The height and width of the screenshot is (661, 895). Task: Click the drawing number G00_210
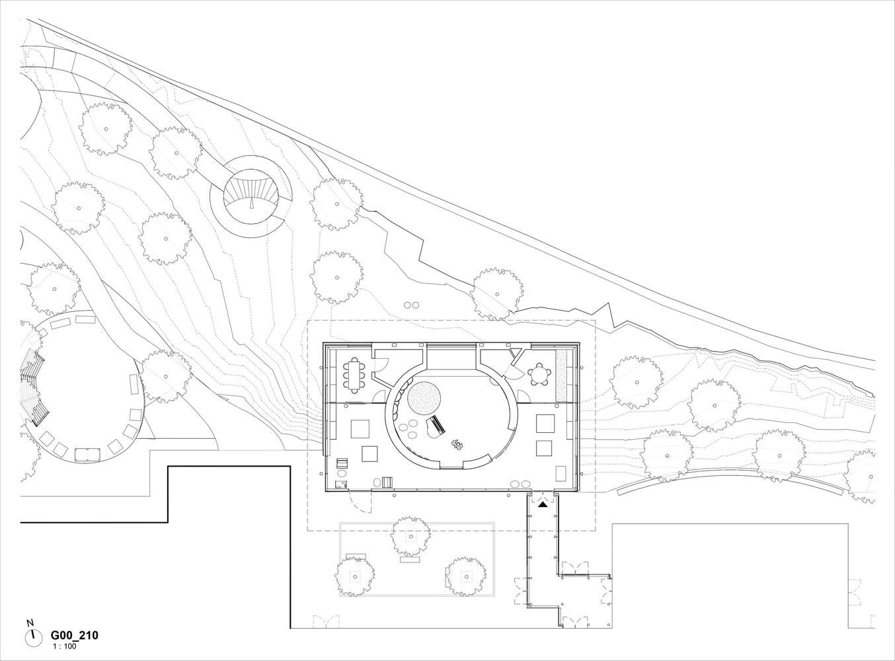(x=74, y=636)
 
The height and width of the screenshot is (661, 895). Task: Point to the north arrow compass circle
(x=34, y=638)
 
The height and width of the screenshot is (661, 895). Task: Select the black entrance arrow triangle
(x=543, y=504)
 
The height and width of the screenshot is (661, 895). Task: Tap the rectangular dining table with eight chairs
(x=354, y=375)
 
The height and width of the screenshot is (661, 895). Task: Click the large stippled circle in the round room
(x=424, y=398)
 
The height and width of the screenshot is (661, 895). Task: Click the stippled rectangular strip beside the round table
(x=561, y=375)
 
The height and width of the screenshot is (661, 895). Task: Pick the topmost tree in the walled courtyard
(x=410, y=536)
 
